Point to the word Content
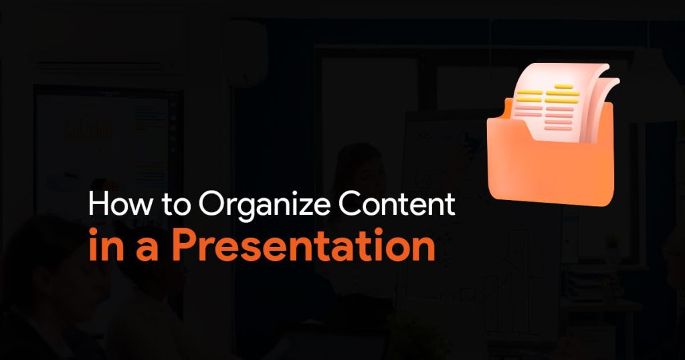click(x=397, y=203)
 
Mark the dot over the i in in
click(x=94, y=232)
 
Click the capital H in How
click(x=98, y=204)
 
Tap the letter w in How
click(x=139, y=207)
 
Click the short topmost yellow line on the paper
click(x=563, y=86)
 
